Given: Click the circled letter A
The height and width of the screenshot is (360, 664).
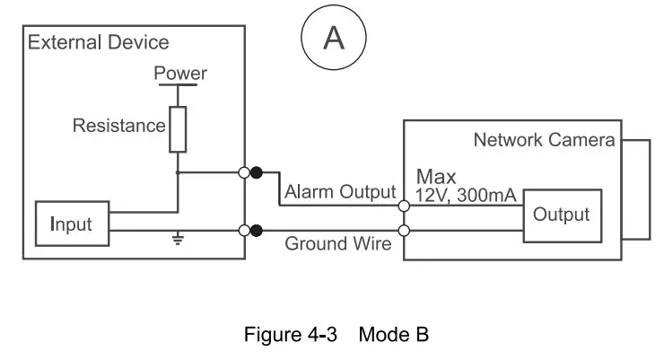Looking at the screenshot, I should click(x=333, y=38).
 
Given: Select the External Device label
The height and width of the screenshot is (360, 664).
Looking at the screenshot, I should click(x=99, y=42).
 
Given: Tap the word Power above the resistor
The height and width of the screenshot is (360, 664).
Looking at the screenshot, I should click(x=180, y=74).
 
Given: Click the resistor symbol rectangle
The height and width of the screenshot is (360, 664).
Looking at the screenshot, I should click(x=178, y=128).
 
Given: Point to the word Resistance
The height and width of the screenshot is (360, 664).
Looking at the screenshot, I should click(x=119, y=126).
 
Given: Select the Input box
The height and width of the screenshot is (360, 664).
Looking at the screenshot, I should click(x=71, y=224).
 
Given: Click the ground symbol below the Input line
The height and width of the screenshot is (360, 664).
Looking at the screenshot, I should click(x=178, y=240).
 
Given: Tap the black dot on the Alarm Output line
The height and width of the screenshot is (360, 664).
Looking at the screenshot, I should click(x=257, y=172).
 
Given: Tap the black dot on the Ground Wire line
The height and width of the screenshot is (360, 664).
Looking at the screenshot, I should click(x=257, y=231).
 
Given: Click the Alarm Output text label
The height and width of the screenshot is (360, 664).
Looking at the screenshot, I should click(x=339, y=192).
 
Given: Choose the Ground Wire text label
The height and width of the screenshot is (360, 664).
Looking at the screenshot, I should click(x=338, y=244).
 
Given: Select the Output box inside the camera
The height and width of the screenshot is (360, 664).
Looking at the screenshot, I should click(x=562, y=215).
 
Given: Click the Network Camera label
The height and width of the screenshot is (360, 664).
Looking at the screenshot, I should click(x=544, y=140).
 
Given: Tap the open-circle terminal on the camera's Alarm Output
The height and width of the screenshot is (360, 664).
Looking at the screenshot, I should click(x=404, y=206).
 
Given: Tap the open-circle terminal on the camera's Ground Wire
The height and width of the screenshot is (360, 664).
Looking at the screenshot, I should click(x=404, y=231).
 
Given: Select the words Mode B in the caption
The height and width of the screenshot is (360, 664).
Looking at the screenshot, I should click(x=393, y=336).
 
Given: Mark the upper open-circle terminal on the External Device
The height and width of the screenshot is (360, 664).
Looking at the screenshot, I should click(x=244, y=172).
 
